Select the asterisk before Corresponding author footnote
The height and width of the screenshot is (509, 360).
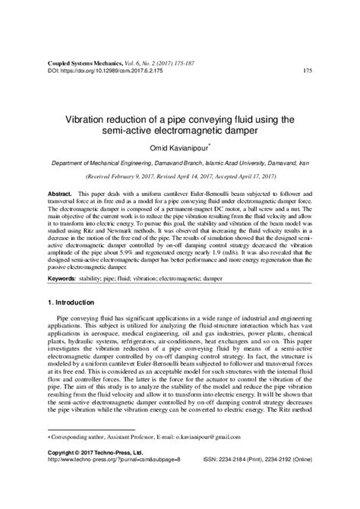click(49, 458)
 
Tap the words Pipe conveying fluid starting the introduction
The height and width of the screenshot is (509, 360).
click(84, 324)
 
